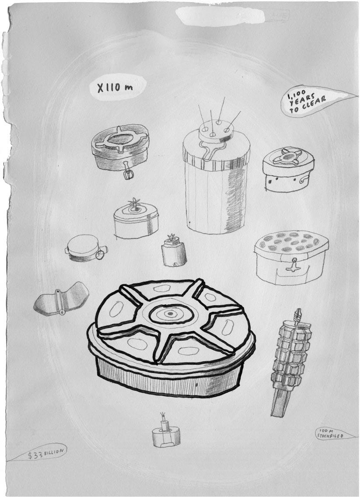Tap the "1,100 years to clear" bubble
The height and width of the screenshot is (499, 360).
point(307,100)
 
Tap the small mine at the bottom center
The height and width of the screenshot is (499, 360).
point(166,432)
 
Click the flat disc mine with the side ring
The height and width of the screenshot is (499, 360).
point(86,248)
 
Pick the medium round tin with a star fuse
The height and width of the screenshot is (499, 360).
point(136,219)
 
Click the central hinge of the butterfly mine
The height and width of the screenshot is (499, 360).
point(59,302)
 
